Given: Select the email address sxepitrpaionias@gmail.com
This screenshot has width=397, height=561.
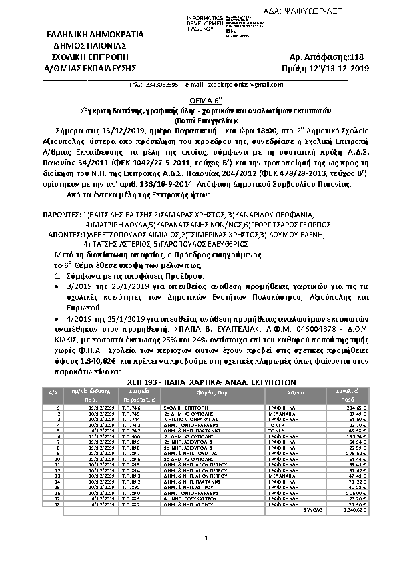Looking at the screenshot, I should (x=236, y=85).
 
